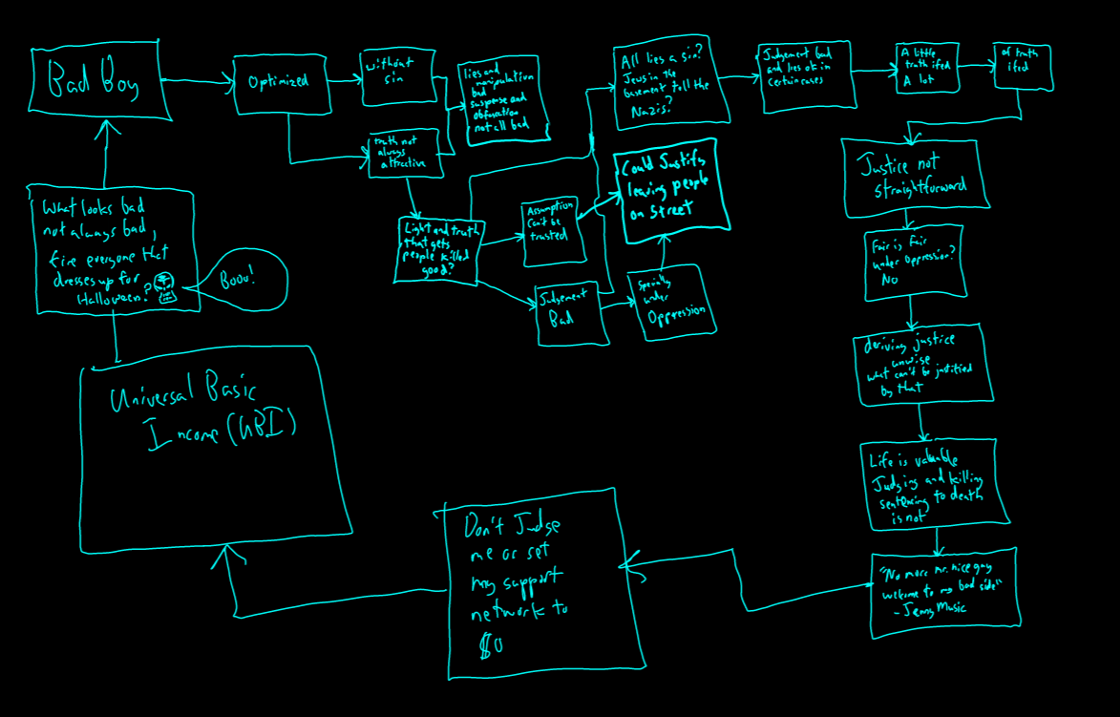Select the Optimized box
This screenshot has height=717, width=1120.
(x=280, y=83)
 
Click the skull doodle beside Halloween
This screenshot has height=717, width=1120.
(x=166, y=286)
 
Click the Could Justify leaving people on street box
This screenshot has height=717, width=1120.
(x=670, y=188)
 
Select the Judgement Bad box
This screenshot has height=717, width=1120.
(x=571, y=311)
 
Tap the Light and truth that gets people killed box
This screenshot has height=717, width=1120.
(x=440, y=250)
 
